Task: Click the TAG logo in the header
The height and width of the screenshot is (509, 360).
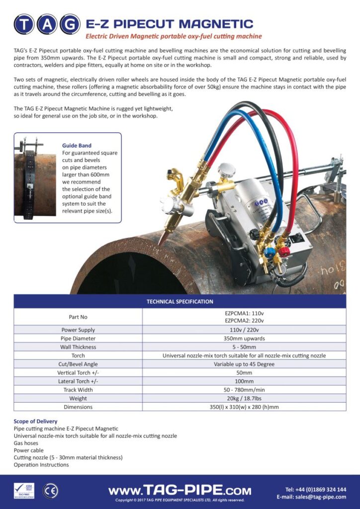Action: point(47,23)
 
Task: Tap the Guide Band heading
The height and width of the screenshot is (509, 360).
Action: point(77,146)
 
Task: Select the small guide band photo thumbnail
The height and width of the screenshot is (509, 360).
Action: point(35,177)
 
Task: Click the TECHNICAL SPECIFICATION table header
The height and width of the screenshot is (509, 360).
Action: point(180,301)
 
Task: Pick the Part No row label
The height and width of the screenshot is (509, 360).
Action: point(78,317)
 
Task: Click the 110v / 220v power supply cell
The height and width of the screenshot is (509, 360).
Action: point(244,330)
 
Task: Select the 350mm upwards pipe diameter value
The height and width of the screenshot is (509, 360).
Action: point(244,339)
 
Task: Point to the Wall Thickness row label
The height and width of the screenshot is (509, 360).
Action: point(78,347)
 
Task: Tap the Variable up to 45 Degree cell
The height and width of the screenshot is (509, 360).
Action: point(244,364)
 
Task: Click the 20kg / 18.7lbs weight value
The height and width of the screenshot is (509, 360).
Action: point(244,398)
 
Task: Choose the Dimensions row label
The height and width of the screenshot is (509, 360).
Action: point(78,407)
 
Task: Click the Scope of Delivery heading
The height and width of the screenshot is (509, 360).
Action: point(35,422)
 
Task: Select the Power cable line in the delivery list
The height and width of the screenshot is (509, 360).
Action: point(29,450)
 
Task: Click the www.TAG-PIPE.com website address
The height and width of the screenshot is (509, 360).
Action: point(180,490)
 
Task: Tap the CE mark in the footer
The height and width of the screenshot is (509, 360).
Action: point(50,491)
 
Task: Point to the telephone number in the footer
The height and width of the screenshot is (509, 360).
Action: point(316,489)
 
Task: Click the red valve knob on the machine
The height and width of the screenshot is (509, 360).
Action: point(284,252)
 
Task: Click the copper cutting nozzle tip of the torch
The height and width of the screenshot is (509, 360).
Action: point(162,240)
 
